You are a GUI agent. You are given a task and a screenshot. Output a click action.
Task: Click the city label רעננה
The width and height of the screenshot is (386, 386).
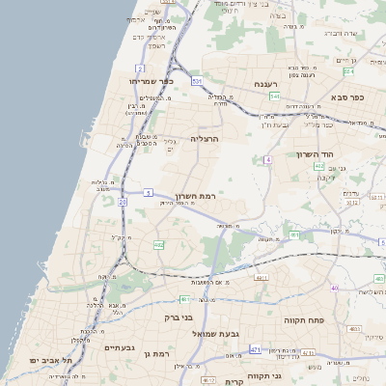[266, 85]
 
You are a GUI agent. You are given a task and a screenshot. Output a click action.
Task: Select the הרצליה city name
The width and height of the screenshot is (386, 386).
[206, 139]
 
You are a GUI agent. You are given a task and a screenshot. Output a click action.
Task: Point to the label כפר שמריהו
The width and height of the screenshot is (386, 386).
[152, 81]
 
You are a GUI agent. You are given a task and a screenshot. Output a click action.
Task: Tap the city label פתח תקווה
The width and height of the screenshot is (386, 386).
[302, 318]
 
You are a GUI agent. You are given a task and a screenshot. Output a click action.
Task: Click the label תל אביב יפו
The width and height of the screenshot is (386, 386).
[46, 360]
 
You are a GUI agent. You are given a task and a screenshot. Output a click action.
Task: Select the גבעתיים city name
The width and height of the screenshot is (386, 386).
[122, 347]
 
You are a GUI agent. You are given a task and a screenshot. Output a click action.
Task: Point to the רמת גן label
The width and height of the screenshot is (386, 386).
[155, 355]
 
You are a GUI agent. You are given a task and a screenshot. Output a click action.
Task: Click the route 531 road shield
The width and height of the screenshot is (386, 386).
[197, 82]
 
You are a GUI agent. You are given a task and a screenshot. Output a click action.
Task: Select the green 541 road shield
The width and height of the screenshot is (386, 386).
[275, 96]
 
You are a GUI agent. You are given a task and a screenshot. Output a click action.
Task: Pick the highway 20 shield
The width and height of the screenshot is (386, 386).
[123, 202]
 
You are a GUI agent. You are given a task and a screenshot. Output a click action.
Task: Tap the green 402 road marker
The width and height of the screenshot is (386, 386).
[319, 166]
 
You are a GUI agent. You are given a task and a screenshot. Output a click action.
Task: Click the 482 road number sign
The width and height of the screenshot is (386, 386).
[158, 245]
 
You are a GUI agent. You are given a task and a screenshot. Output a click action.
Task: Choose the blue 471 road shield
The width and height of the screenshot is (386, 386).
[255, 349]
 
